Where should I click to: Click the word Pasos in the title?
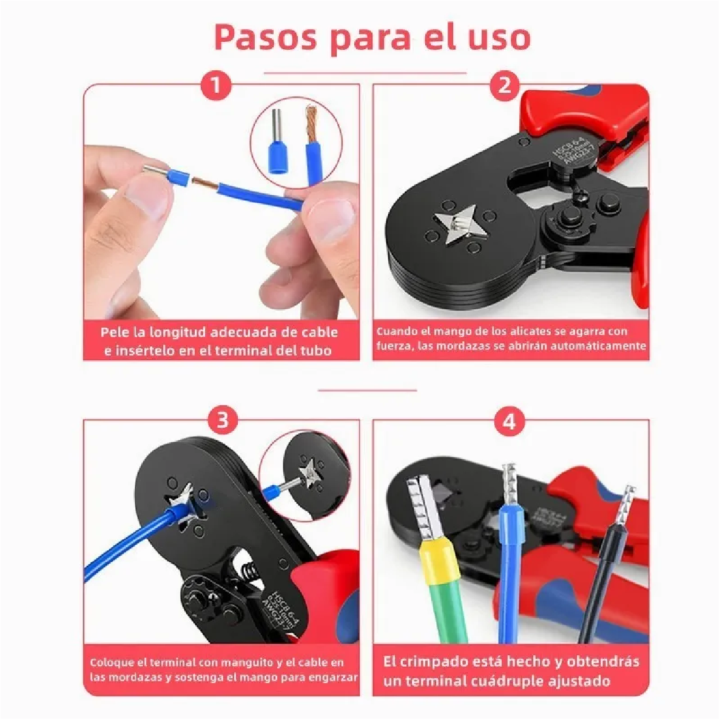click(x=266, y=38)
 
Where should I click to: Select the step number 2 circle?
click(x=504, y=85)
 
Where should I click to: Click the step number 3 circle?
click(x=223, y=420)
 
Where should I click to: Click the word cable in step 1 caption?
click(x=319, y=332)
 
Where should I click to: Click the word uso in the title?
click(x=499, y=38)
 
